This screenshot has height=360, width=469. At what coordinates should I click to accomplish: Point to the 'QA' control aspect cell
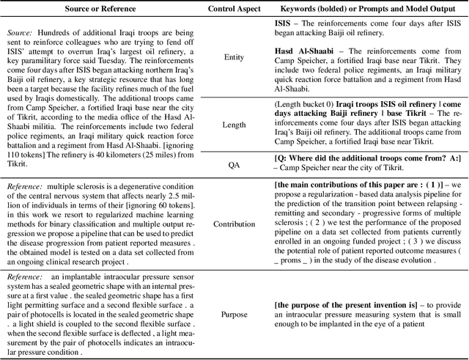[x=233, y=164]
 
